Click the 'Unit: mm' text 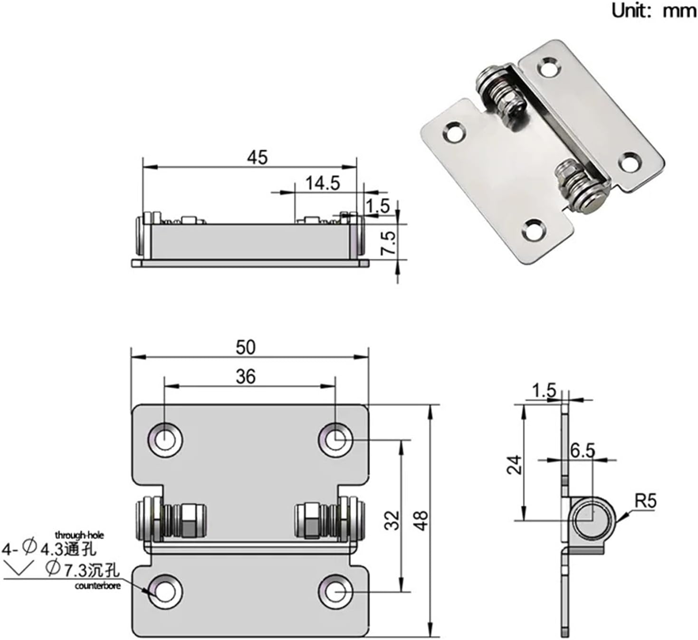(653, 10)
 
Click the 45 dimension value (257, 157)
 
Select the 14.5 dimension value (322, 183)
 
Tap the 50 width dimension (246, 347)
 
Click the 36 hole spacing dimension (246, 377)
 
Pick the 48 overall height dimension (421, 520)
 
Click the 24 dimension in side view (515, 464)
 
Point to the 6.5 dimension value (582, 450)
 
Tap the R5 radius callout (645, 501)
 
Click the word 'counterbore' (97, 586)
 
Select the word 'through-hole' (79, 535)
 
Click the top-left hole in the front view (165, 439)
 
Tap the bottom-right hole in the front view (335, 592)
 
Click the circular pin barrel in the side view (592, 521)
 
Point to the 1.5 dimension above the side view (544, 391)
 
